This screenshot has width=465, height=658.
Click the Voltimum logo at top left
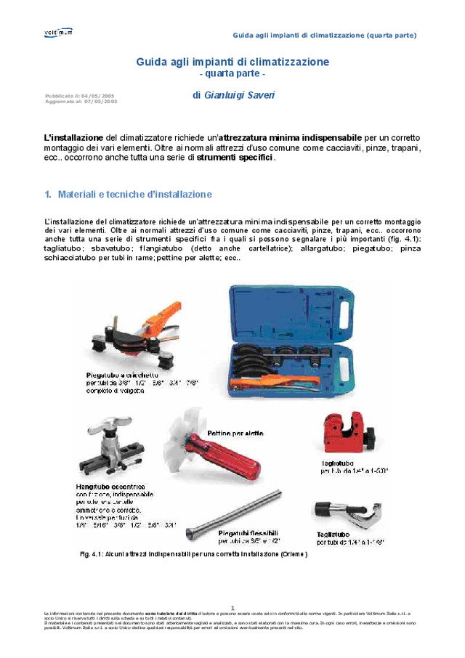point(58,33)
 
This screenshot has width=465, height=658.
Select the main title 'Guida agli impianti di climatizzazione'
point(232,62)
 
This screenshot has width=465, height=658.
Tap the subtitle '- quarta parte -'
point(232,74)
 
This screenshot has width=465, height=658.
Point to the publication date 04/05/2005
point(97,96)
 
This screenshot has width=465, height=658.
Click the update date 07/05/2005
point(100,102)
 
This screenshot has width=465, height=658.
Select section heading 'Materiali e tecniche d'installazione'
point(134,195)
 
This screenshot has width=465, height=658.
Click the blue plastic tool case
point(297,341)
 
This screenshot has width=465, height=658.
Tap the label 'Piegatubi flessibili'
point(249,534)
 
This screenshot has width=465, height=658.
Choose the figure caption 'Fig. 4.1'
point(92,554)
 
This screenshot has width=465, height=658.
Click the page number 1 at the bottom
point(232,608)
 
